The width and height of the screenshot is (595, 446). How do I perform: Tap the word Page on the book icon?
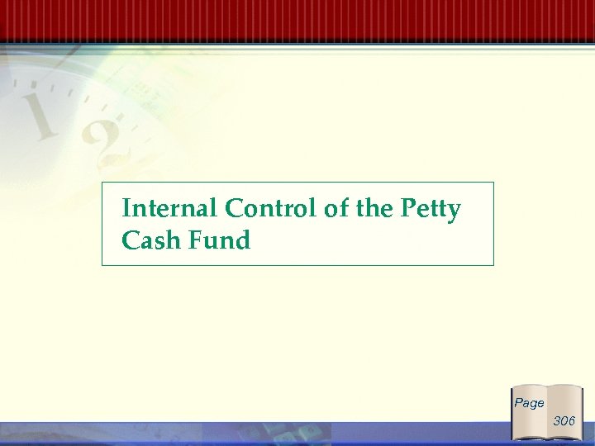tap(529, 403)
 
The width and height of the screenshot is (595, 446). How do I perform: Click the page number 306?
tap(564, 421)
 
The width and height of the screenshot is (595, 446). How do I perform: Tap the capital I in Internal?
tap(126, 209)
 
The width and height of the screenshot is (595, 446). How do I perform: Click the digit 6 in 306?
tap(572, 421)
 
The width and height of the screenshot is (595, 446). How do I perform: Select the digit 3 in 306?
tap(557, 421)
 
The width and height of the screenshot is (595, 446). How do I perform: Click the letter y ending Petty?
tap(453, 212)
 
